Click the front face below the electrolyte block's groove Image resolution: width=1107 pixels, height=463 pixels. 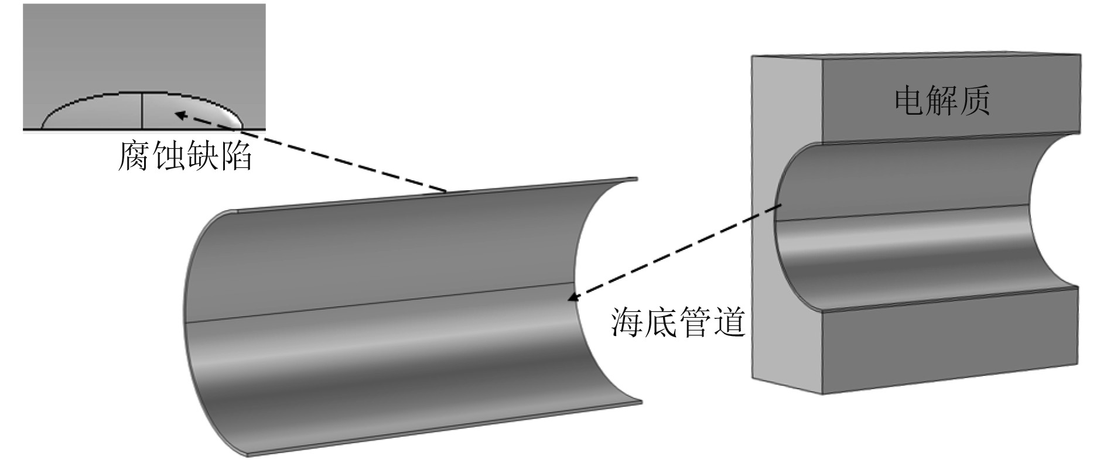point(949,345)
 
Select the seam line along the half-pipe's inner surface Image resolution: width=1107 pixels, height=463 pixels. point(381,303)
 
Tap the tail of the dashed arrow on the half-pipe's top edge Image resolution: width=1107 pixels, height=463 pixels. point(446,191)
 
